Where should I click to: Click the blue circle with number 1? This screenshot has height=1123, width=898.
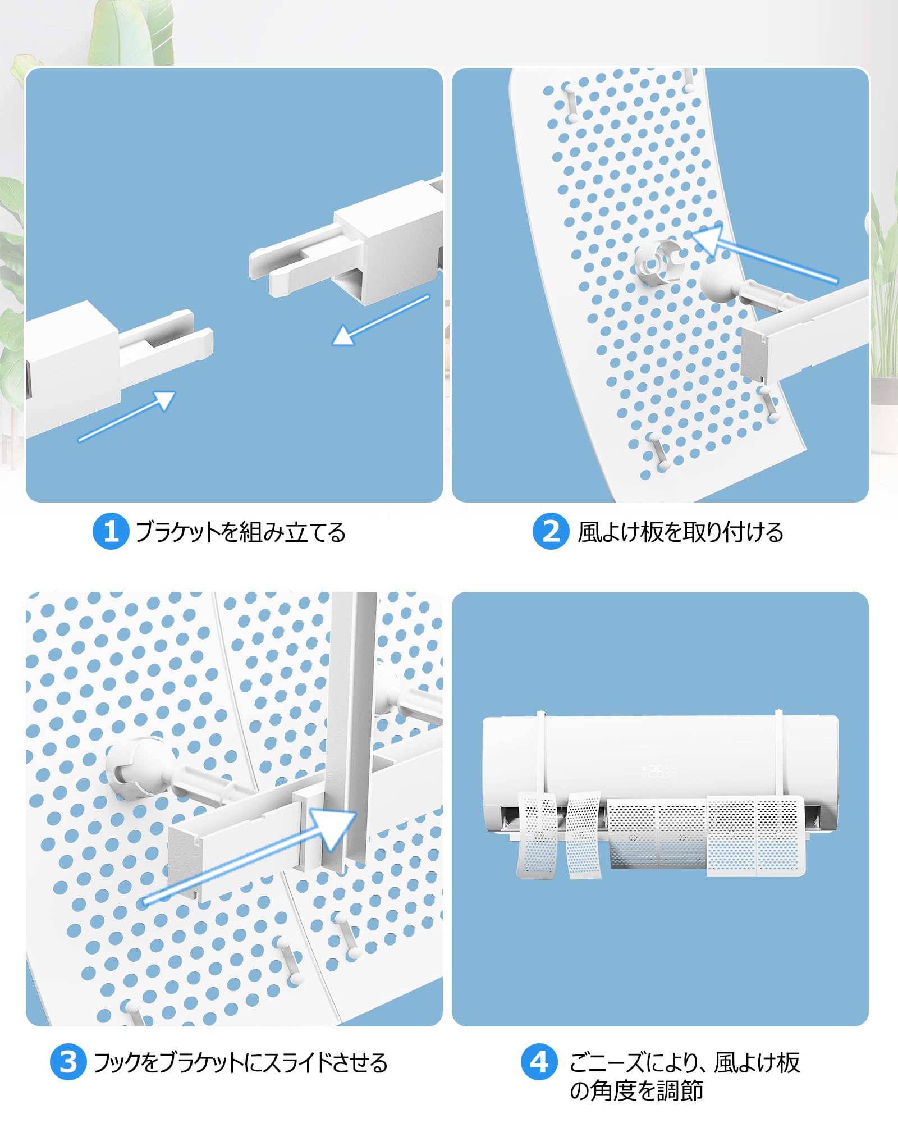click(111, 531)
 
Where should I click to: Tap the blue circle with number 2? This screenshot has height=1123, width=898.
click(551, 531)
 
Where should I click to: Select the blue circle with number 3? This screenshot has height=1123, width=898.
click(68, 1062)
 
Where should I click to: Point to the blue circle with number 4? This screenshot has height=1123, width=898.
click(539, 1061)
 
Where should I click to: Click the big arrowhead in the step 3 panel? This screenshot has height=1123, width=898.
click(332, 829)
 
